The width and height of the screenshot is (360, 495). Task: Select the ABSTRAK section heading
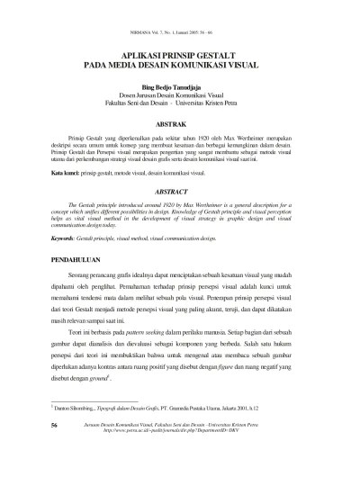coord(180,121)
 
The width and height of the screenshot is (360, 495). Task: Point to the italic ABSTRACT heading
coord(180,192)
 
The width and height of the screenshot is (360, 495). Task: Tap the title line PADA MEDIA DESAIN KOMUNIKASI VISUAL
coord(180,66)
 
